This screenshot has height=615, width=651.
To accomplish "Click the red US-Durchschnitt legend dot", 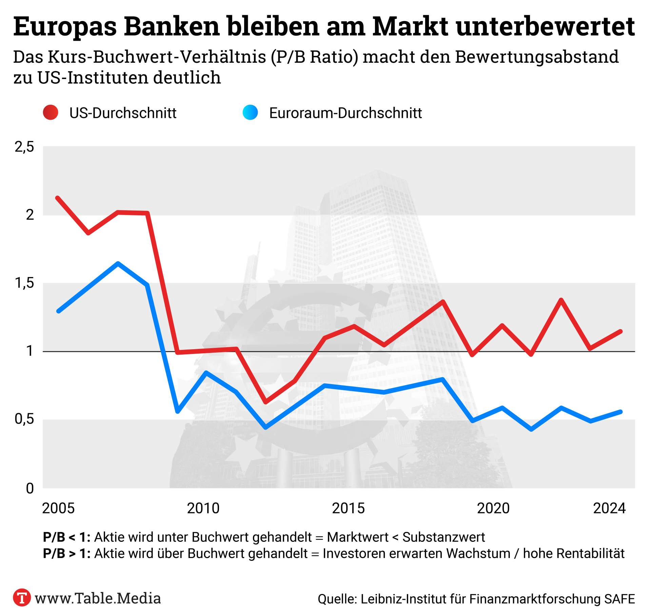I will (51, 113).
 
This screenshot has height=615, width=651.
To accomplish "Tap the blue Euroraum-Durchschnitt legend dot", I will (250, 113).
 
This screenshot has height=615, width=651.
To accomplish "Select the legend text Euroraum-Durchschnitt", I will (345, 113).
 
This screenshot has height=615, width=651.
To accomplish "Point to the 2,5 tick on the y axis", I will (24, 147).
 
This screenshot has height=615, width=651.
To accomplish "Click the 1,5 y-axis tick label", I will (24, 283).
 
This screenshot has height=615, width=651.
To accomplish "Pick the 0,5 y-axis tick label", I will (24, 419).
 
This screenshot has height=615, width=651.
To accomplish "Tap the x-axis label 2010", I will (203, 508).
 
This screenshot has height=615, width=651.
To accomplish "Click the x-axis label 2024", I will (609, 508).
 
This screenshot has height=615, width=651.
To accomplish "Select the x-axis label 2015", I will (348, 508).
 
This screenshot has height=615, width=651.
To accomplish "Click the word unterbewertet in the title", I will (545, 26).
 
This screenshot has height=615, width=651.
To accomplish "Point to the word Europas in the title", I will (65, 27).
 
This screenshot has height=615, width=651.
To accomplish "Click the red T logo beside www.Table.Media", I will (22, 597).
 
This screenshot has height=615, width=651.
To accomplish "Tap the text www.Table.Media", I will (98, 598).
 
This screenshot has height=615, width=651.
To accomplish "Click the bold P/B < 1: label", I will (67, 537).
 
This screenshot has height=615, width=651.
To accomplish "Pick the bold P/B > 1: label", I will (67, 554).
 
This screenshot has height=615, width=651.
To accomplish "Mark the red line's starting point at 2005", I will (58, 198).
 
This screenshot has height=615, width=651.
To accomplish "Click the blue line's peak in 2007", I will (118, 263).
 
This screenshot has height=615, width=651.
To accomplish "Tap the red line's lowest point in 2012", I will (265, 402).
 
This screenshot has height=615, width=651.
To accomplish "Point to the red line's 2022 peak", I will (561, 300).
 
